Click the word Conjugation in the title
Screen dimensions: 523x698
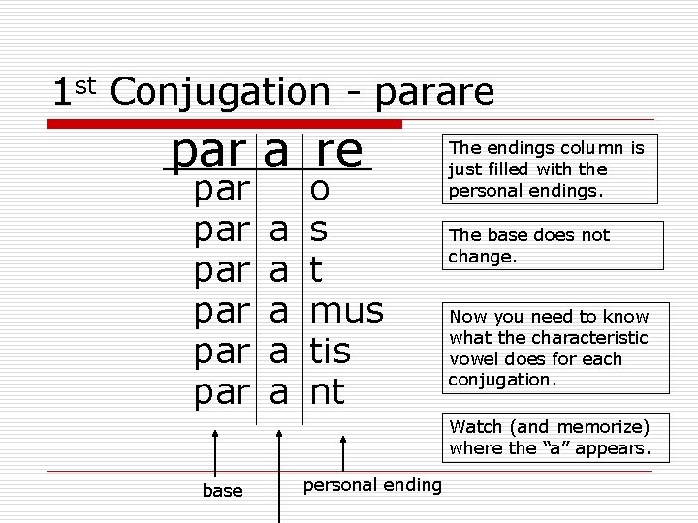click(x=220, y=93)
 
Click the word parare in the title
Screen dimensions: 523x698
click(x=433, y=93)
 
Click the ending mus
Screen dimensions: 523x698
click(x=346, y=311)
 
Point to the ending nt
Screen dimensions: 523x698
click(x=327, y=392)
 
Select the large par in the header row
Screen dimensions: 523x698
click(x=210, y=152)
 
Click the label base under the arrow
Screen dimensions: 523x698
click(x=222, y=491)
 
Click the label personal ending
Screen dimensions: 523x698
click(x=372, y=484)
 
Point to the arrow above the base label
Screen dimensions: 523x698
click(x=215, y=454)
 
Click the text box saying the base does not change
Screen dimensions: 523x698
click(x=555, y=246)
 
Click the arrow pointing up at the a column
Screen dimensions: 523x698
click(x=279, y=465)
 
